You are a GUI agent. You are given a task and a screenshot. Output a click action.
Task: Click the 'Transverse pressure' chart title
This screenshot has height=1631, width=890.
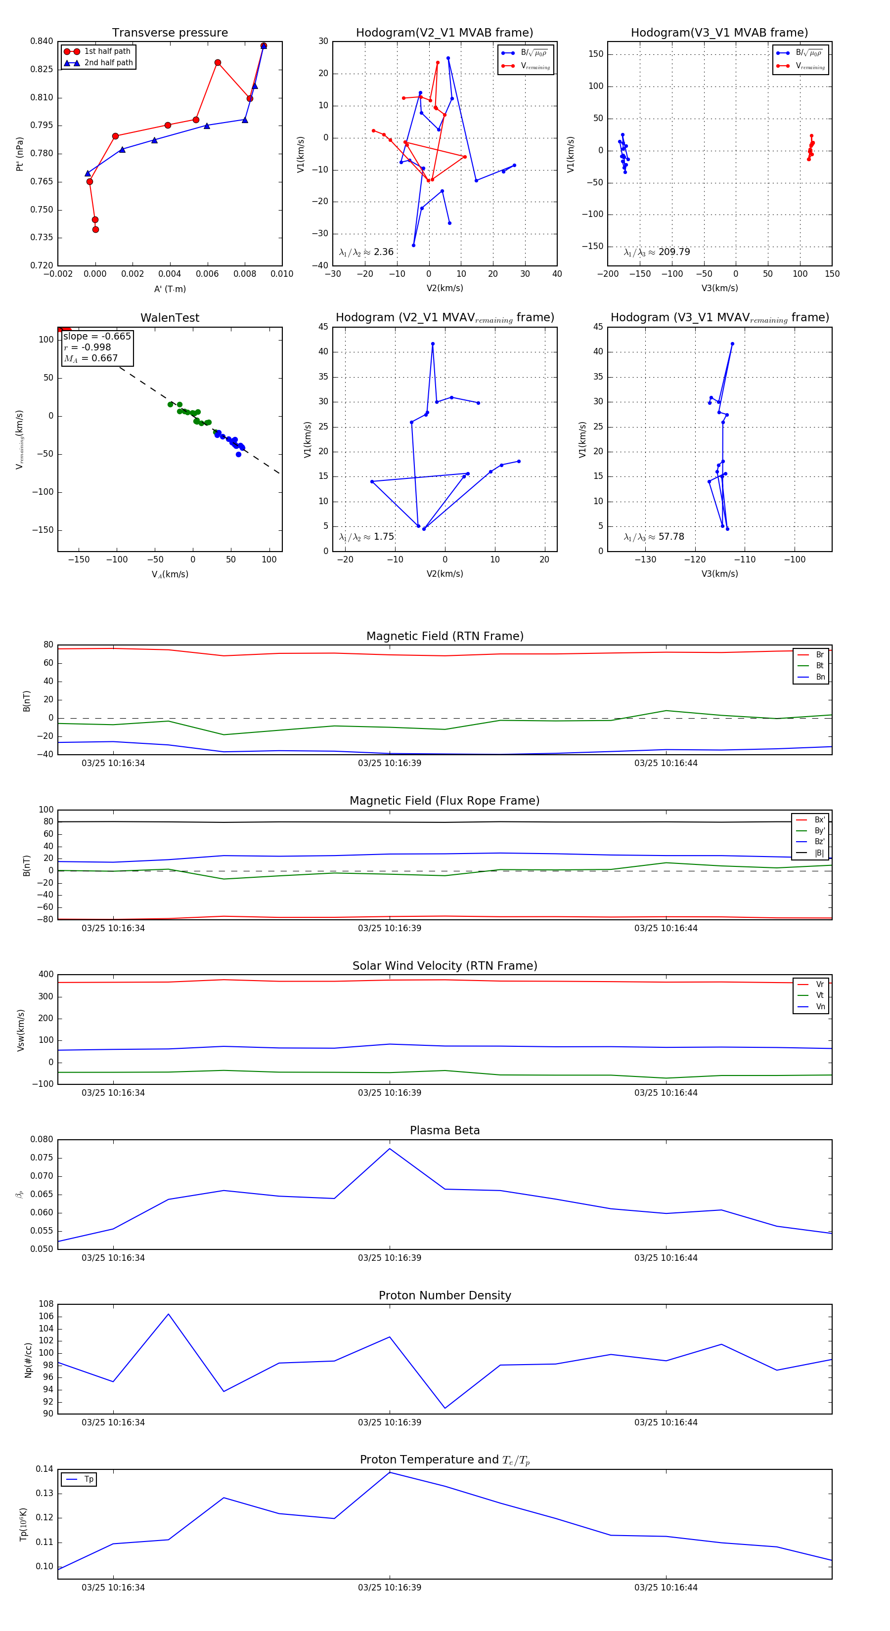pyautogui.click(x=170, y=33)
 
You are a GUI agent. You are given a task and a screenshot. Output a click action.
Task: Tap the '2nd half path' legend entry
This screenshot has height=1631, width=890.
pyautogui.click(x=108, y=63)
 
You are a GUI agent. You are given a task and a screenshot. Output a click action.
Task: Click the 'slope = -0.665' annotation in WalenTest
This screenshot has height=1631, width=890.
pyautogui.click(x=97, y=336)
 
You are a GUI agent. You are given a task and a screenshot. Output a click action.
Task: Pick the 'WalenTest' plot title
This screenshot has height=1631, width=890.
pyautogui.click(x=170, y=318)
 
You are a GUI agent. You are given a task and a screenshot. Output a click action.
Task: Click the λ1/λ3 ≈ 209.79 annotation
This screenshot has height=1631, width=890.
pyautogui.click(x=657, y=252)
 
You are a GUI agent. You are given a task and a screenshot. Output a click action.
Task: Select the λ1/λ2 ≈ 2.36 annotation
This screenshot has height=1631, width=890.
pyautogui.click(x=366, y=252)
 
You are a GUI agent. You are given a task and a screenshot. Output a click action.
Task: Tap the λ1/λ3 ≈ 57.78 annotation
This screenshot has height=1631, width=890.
pyautogui.click(x=654, y=537)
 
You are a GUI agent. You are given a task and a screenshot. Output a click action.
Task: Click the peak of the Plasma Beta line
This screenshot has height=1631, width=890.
pyautogui.click(x=390, y=1149)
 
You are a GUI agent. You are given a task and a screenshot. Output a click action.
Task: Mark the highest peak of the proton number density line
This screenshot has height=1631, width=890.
pyautogui.click(x=169, y=1314)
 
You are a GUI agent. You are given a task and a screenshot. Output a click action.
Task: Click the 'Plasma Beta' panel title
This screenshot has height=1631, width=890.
pyautogui.click(x=445, y=1130)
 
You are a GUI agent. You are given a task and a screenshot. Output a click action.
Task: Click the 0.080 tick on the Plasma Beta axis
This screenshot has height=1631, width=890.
pyautogui.click(x=42, y=1140)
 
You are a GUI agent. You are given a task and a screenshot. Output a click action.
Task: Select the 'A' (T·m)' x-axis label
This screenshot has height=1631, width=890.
pyautogui.click(x=170, y=289)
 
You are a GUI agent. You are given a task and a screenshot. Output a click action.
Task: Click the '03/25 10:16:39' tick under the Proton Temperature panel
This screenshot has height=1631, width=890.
pyautogui.click(x=390, y=1588)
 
